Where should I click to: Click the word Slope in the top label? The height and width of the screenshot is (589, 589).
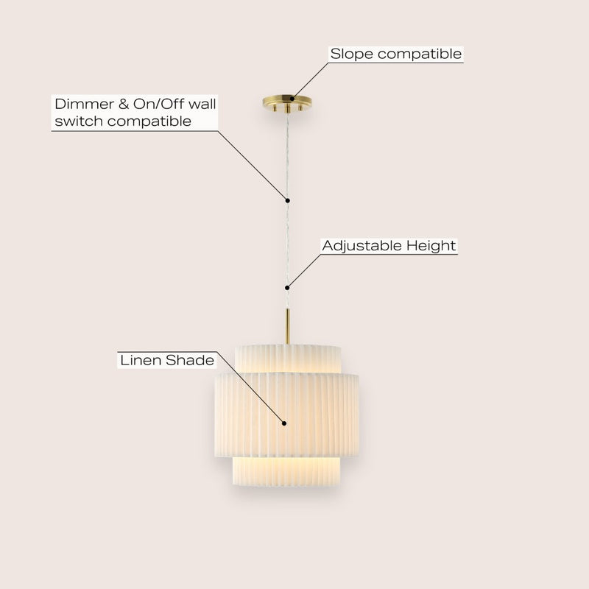click(x=353, y=54)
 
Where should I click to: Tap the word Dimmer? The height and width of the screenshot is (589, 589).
click(x=85, y=104)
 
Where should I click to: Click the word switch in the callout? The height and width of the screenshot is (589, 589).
click(x=79, y=121)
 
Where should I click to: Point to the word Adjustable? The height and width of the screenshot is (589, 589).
click(x=362, y=246)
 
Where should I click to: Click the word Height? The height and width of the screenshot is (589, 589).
click(x=431, y=246)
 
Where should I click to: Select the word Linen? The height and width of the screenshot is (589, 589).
click(x=141, y=360)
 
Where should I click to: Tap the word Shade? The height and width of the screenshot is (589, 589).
click(x=190, y=360)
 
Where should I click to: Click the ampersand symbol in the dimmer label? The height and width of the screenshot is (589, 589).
click(x=124, y=104)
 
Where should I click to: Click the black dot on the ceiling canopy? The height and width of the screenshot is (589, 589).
click(x=292, y=99)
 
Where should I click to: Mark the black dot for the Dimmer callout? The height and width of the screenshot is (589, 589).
click(x=287, y=200)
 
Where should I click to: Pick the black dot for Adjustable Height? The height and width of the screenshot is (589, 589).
click(x=287, y=288)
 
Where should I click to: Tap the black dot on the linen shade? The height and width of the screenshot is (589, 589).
click(x=284, y=423)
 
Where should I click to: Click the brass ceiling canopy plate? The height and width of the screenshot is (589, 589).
click(x=287, y=102)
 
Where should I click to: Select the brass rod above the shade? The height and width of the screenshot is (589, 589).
click(x=287, y=326)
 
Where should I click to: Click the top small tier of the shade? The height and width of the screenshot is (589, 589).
click(x=288, y=359)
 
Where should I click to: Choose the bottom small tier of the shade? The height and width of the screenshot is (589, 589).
click(x=286, y=471)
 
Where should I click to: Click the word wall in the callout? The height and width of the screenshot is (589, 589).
click(x=202, y=104)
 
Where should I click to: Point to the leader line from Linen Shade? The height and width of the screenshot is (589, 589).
click(x=250, y=387)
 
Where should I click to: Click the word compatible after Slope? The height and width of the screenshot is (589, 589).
click(x=420, y=54)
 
